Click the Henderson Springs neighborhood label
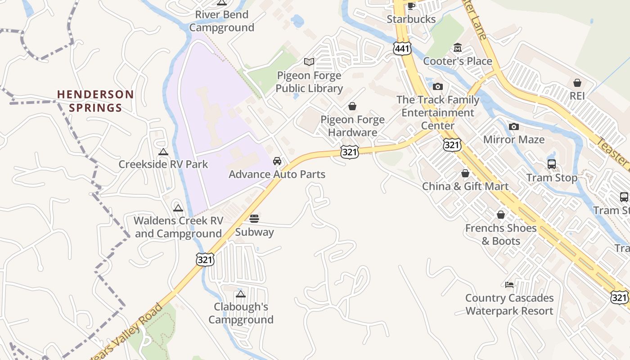[x=95, y=101]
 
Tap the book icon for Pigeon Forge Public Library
[x=309, y=62]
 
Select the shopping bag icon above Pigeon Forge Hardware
[x=352, y=106]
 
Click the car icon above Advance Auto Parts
[x=277, y=161]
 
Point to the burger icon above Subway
[x=254, y=219]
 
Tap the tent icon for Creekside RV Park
[x=163, y=152]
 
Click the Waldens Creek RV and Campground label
[x=179, y=227]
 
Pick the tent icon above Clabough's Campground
[x=241, y=294]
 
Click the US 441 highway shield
[x=402, y=49]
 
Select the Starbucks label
[x=411, y=19]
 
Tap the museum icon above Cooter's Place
[x=458, y=48]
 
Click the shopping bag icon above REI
[x=577, y=83]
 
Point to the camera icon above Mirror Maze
[x=514, y=127]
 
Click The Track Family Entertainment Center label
[x=438, y=112]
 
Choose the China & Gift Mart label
[x=465, y=186]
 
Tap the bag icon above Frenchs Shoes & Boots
[x=501, y=215]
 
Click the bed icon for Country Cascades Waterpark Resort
[x=509, y=284]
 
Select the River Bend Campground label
[x=222, y=21]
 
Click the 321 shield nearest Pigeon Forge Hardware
[x=350, y=152]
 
